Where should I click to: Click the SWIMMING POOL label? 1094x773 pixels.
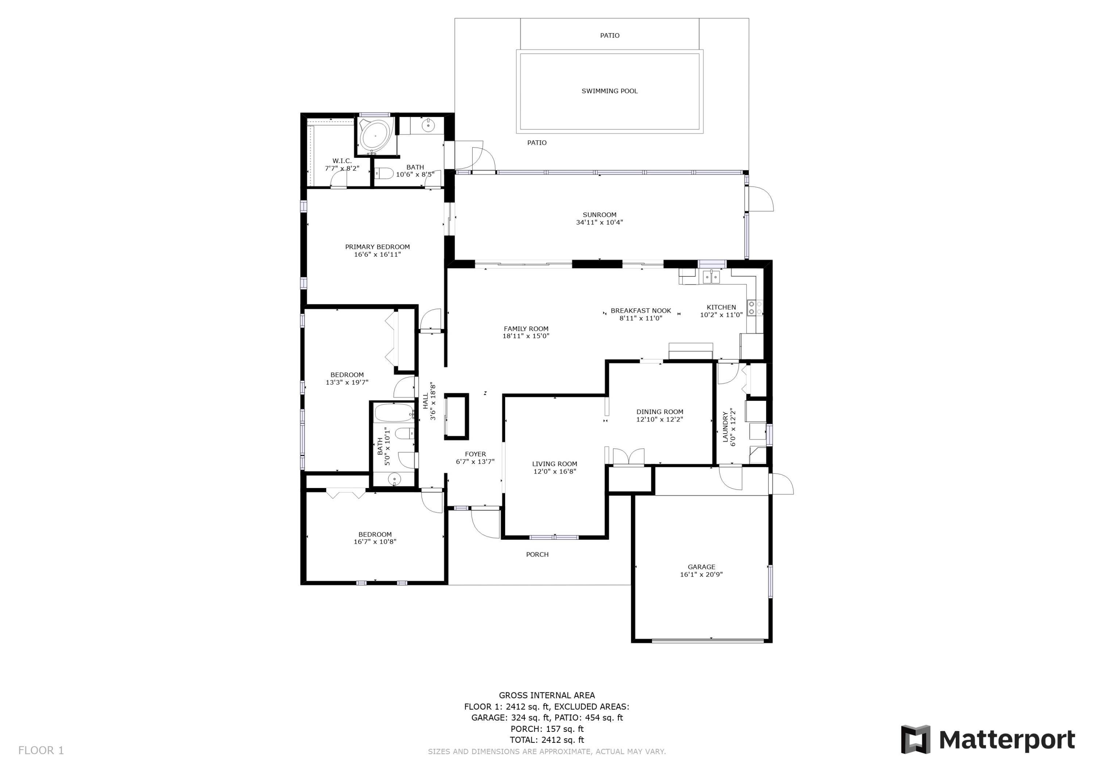[609, 91]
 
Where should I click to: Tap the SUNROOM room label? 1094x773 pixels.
[600, 215]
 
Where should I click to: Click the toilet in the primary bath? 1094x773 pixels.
[384, 173]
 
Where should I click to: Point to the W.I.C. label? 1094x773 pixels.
[342, 161]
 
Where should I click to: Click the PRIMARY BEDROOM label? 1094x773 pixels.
[377, 247]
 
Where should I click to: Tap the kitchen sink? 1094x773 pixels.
[711, 277]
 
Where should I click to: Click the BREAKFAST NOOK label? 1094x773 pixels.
[641, 311]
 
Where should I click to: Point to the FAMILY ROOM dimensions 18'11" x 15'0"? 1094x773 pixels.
[526, 336]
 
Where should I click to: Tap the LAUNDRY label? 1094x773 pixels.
[726, 427]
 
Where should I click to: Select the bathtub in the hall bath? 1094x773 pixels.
[394, 413]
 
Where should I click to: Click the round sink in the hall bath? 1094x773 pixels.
[394, 479]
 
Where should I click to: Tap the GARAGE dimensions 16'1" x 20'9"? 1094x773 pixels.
[701, 574]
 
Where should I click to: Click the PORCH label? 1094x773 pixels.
[538, 554]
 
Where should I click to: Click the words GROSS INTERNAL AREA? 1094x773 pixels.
[547, 695]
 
